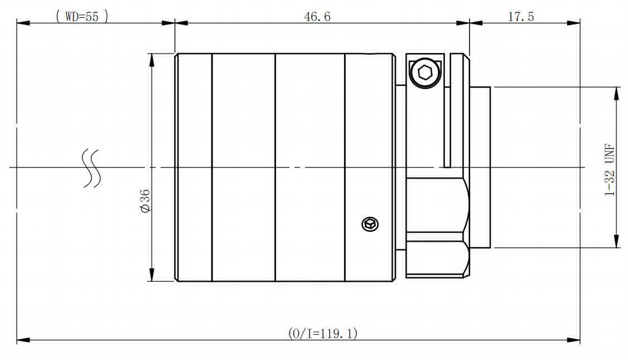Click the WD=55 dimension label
point(82,16)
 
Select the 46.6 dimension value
point(317,16)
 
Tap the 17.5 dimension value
point(521,16)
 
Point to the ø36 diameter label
point(145,201)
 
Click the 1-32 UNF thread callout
point(609,170)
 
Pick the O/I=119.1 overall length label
point(322,333)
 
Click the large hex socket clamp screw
point(425,73)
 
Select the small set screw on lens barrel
point(370,224)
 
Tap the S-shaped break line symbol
point(91,168)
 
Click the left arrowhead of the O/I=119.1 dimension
point(23,340)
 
